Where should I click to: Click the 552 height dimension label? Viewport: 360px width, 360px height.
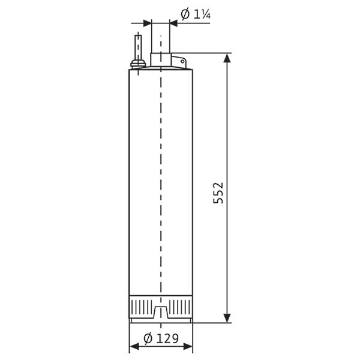[x=218, y=193]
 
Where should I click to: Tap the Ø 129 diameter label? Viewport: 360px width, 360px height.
[x=161, y=338]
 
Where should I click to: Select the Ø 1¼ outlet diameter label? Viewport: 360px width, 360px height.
[x=196, y=14]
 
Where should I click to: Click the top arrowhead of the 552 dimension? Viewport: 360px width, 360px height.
[x=227, y=58]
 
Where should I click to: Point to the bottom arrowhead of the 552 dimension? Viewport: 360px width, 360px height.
[x=227, y=318]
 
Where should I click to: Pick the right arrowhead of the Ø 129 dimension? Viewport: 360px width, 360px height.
[x=188, y=346]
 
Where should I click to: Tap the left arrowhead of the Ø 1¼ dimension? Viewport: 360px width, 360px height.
[x=147, y=23]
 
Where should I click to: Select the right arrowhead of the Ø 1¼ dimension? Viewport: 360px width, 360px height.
[x=174, y=23]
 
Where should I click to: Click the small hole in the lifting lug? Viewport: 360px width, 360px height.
[x=182, y=62]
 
